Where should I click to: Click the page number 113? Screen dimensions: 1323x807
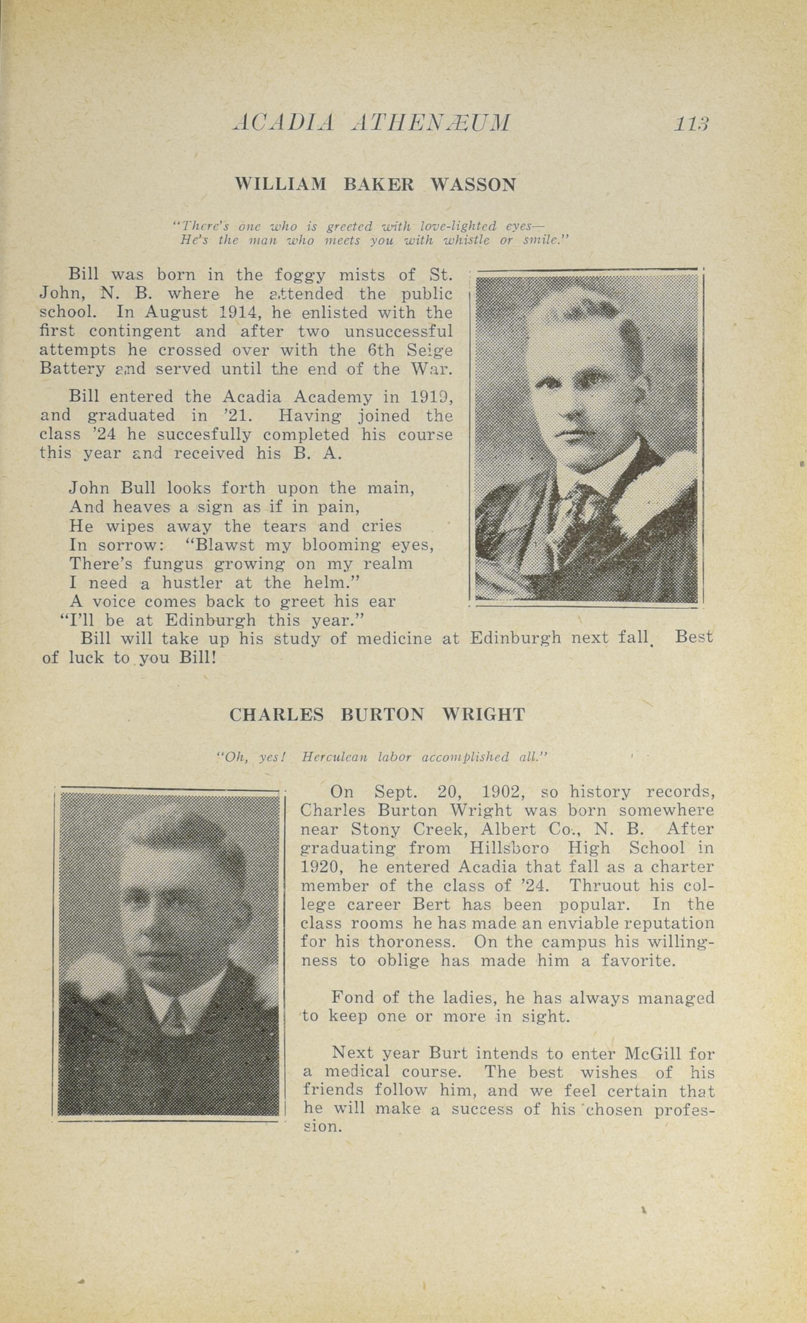[692, 123]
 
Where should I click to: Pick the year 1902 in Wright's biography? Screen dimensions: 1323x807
[508, 792]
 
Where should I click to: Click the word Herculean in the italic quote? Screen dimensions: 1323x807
[335, 757]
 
